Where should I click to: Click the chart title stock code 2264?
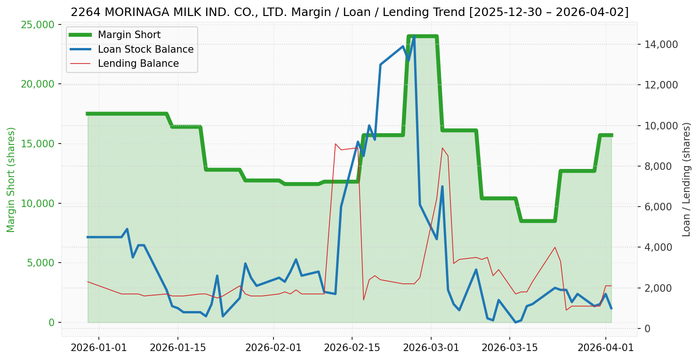[80, 12]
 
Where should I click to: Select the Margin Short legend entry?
[129, 35]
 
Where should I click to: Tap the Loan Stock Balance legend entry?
[145, 49]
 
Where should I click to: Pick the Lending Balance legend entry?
[138, 64]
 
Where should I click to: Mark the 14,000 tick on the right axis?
[658, 45]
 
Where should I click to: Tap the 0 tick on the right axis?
[647, 328]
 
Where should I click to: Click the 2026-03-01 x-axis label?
[431, 348]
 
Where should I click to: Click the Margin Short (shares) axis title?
[11, 180]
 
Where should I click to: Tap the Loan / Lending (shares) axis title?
[686, 180]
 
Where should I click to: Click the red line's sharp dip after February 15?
[363, 300]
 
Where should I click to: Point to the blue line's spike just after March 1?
[442, 187]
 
